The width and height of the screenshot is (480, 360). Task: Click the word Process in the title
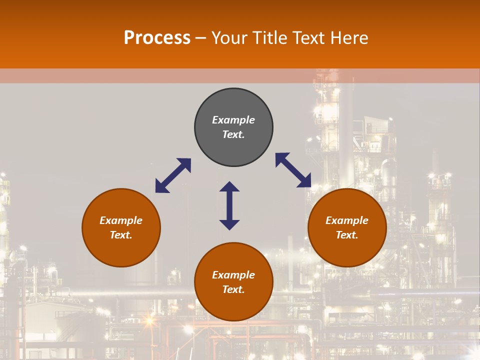tap(157, 38)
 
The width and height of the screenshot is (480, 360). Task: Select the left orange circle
tap(121, 250)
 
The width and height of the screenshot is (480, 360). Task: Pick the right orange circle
tap(347, 250)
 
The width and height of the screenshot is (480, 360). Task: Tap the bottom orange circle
tap(233, 305)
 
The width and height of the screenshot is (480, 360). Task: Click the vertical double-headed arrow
tap(229, 205)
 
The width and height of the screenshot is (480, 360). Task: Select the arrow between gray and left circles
tap(173, 175)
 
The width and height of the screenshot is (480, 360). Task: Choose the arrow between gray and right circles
tap(293, 170)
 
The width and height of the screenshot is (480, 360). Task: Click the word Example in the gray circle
tap(233, 120)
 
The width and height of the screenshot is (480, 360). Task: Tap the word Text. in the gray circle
tap(233, 134)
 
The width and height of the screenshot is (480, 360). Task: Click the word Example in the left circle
tap(121, 220)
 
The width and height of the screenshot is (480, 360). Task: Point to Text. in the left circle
tap(121, 235)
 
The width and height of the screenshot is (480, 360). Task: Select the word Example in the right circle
tap(347, 220)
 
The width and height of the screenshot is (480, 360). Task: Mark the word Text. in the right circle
tap(347, 235)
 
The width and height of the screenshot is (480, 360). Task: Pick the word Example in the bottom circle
tap(233, 275)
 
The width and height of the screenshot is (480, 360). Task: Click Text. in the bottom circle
tap(233, 289)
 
